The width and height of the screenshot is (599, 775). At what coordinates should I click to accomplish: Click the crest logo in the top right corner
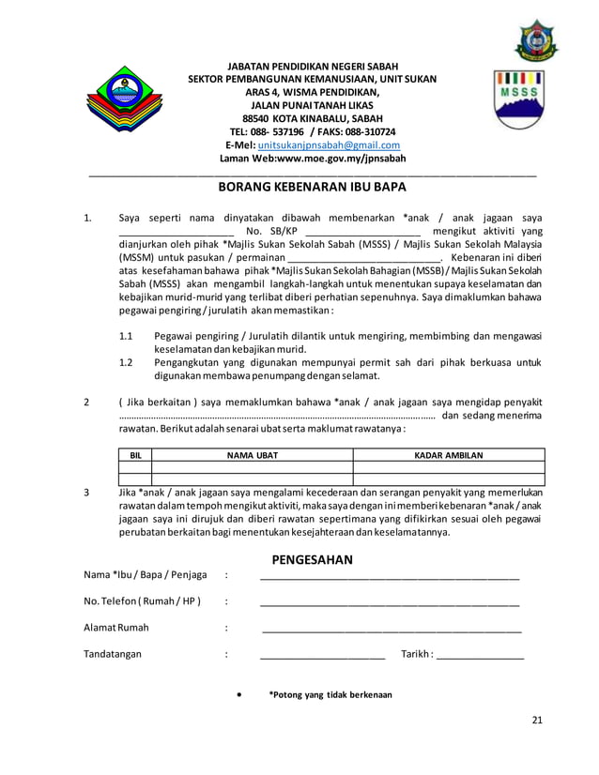[x=533, y=39]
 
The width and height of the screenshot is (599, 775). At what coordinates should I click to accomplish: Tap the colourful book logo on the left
[x=121, y=99]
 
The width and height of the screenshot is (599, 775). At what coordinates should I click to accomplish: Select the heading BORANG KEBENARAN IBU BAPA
[x=312, y=187]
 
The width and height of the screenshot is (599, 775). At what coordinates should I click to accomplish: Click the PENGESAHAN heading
[x=312, y=560]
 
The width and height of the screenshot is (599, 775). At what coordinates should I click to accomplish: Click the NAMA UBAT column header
[x=252, y=455]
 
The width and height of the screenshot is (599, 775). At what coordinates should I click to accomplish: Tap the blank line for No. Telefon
[x=389, y=604]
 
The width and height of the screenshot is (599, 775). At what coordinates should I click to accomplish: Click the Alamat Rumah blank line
[x=391, y=631]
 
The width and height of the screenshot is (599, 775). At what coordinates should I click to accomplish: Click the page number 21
[x=537, y=720]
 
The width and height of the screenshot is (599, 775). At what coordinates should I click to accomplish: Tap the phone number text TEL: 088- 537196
[x=266, y=132]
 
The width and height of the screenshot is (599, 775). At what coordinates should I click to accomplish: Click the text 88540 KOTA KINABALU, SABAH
[x=312, y=119]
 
